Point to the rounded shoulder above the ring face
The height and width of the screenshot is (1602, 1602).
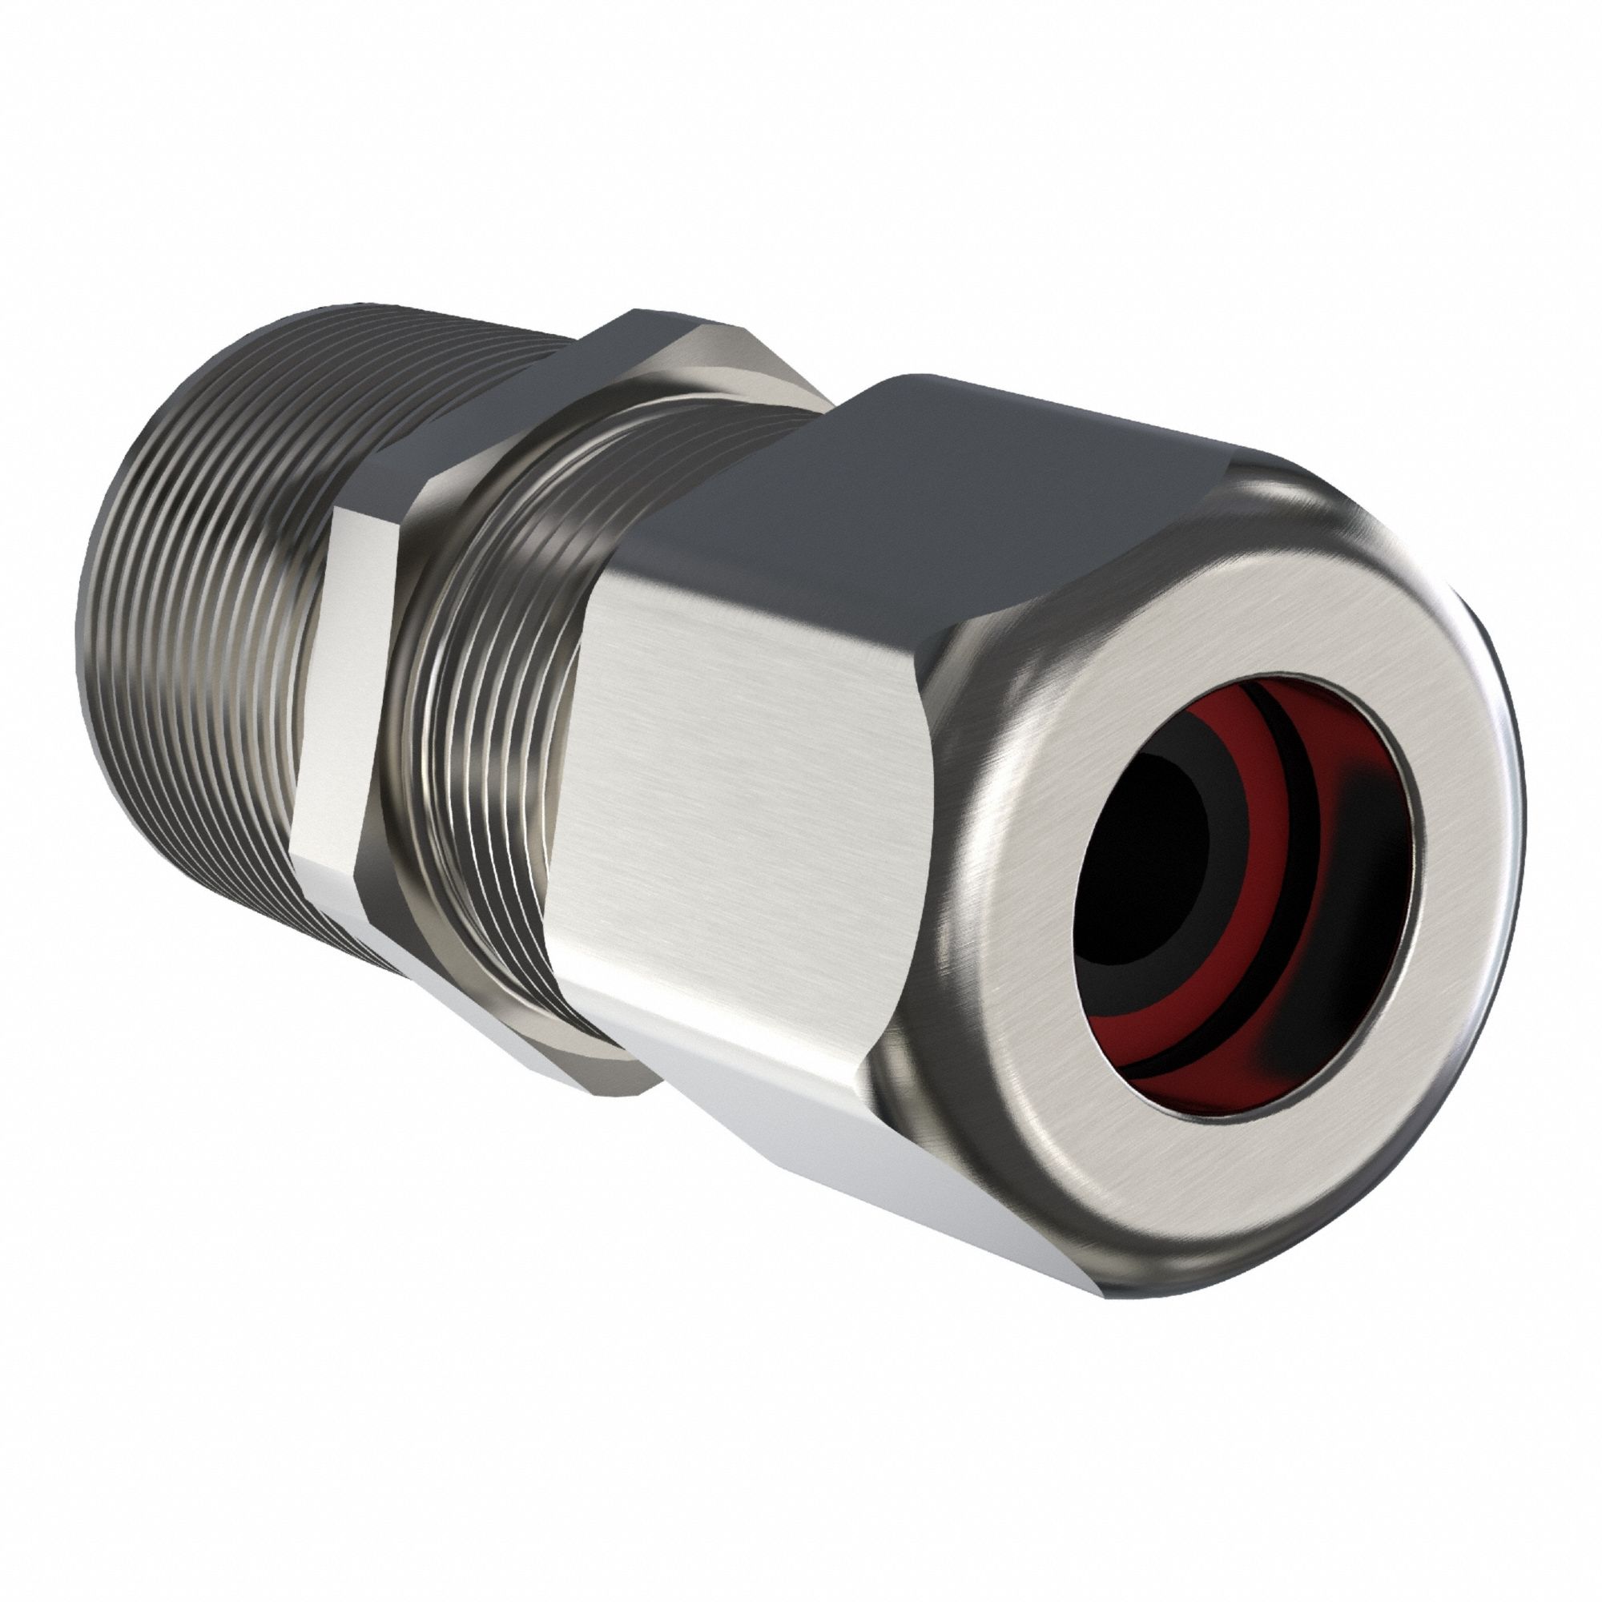1326,514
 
